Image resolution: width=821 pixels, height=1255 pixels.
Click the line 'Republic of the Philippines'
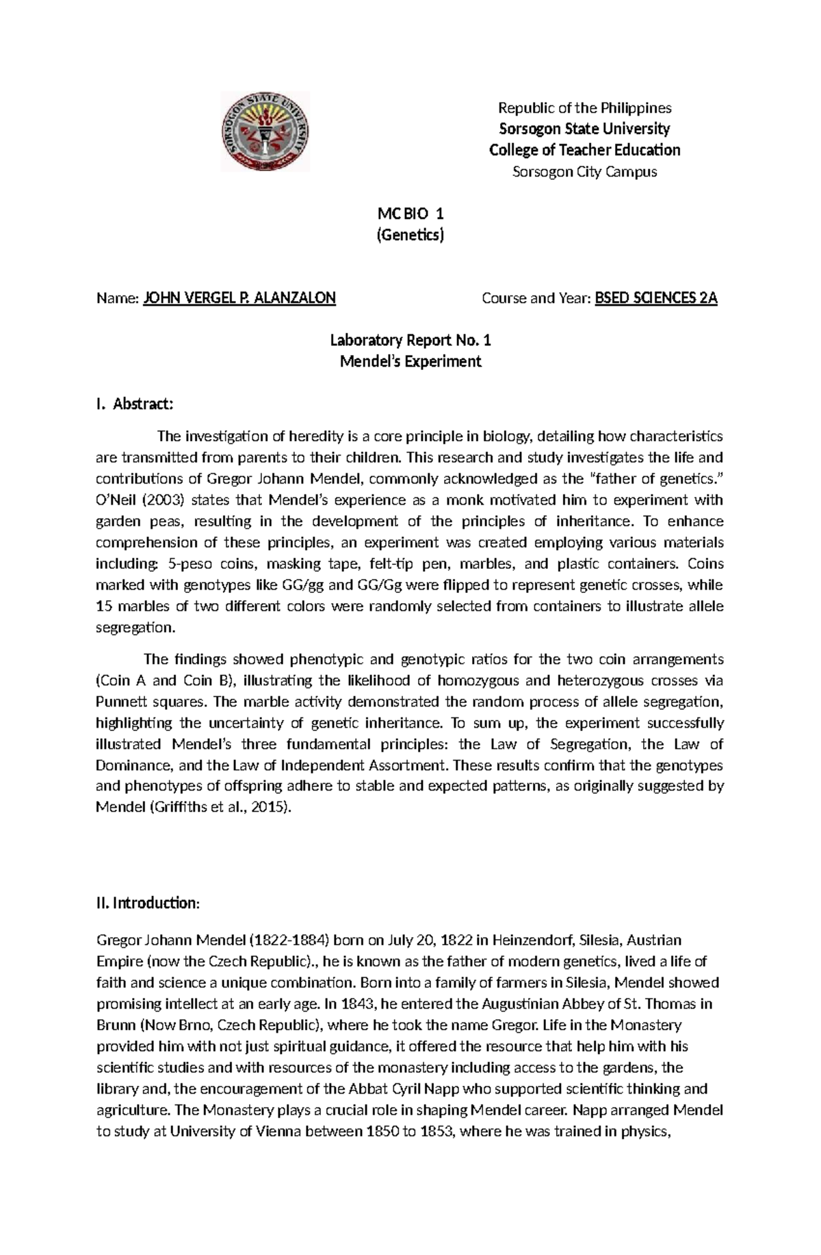tap(584, 107)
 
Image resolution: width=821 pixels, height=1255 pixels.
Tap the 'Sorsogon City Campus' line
tap(584, 172)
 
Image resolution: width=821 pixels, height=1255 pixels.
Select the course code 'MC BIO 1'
tap(410, 215)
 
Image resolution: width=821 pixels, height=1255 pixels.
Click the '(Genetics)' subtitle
tap(410, 236)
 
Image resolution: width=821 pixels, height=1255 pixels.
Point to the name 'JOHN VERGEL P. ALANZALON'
tap(239, 298)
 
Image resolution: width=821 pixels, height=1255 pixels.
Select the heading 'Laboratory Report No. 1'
tap(410, 340)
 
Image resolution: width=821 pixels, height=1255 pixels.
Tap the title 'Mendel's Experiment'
tap(410, 361)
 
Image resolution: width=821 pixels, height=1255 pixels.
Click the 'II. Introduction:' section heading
tap(148, 903)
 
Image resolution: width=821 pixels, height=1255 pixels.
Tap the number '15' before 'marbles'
tap(104, 607)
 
